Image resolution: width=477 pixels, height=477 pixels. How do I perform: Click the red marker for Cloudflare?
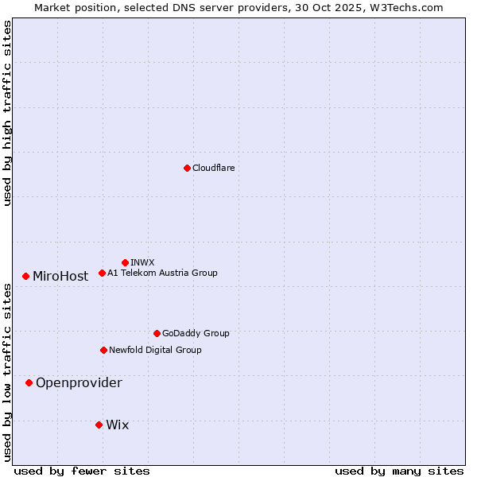pyautogui.click(x=187, y=168)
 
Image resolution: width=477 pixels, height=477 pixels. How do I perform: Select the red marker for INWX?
pyautogui.click(x=126, y=262)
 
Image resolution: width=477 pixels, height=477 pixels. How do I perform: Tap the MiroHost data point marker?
pyautogui.click(x=26, y=276)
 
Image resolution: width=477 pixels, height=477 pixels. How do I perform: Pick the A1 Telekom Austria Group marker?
pyautogui.click(x=102, y=273)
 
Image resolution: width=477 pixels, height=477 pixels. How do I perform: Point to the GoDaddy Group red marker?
pyautogui.click(x=157, y=333)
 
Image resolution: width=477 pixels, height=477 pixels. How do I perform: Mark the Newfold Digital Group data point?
pyautogui.click(x=103, y=350)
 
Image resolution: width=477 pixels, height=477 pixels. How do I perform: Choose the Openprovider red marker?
pyautogui.click(x=29, y=382)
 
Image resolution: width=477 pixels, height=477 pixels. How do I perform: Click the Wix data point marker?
pyautogui.click(x=99, y=425)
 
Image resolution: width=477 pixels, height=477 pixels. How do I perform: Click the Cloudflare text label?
pyautogui.click(x=214, y=168)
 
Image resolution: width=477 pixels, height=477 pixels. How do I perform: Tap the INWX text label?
pyautogui.click(x=142, y=262)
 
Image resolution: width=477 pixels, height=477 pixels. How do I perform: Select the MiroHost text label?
pyautogui.click(x=60, y=277)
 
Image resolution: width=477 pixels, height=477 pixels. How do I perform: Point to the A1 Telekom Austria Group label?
pyautogui.click(x=162, y=273)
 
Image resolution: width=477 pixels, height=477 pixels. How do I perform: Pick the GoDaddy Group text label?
pyautogui.click(x=196, y=333)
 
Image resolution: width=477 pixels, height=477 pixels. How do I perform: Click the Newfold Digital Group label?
pyautogui.click(x=155, y=350)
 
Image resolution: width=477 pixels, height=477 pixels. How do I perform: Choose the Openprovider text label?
pyautogui.click(x=79, y=383)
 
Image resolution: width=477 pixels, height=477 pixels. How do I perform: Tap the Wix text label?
pyautogui.click(x=117, y=425)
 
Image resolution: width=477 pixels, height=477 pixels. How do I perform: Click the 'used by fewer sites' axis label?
pyautogui.click(x=82, y=471)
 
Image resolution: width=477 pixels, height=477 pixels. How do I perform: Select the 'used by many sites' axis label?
pyautogui.click(x=399, y=471)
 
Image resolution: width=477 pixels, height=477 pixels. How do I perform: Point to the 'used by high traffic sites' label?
pyautogui.click(x=8, y=113)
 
